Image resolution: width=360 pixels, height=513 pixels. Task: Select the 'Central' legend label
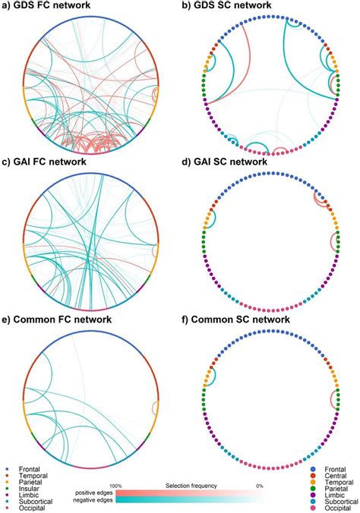(332, 476)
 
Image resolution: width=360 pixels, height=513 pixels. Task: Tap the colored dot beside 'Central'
(313, 476)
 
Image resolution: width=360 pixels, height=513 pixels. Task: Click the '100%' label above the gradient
(115, 486)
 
